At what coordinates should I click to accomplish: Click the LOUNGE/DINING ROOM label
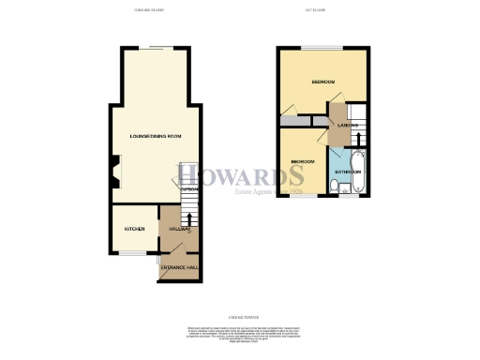coord(156,137)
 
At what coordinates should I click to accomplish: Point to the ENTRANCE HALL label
coord(178,269)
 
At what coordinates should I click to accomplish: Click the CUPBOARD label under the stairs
coord(189,190)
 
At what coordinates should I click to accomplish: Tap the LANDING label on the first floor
coord(346,125)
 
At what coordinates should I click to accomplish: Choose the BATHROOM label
coord(349,172)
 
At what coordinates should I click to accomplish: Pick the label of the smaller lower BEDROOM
coord(302,162)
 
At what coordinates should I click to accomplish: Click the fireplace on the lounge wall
coord(112,172)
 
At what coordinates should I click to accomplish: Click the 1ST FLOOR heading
coord(315,10)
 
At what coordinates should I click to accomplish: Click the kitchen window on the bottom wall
coord(134,252)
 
